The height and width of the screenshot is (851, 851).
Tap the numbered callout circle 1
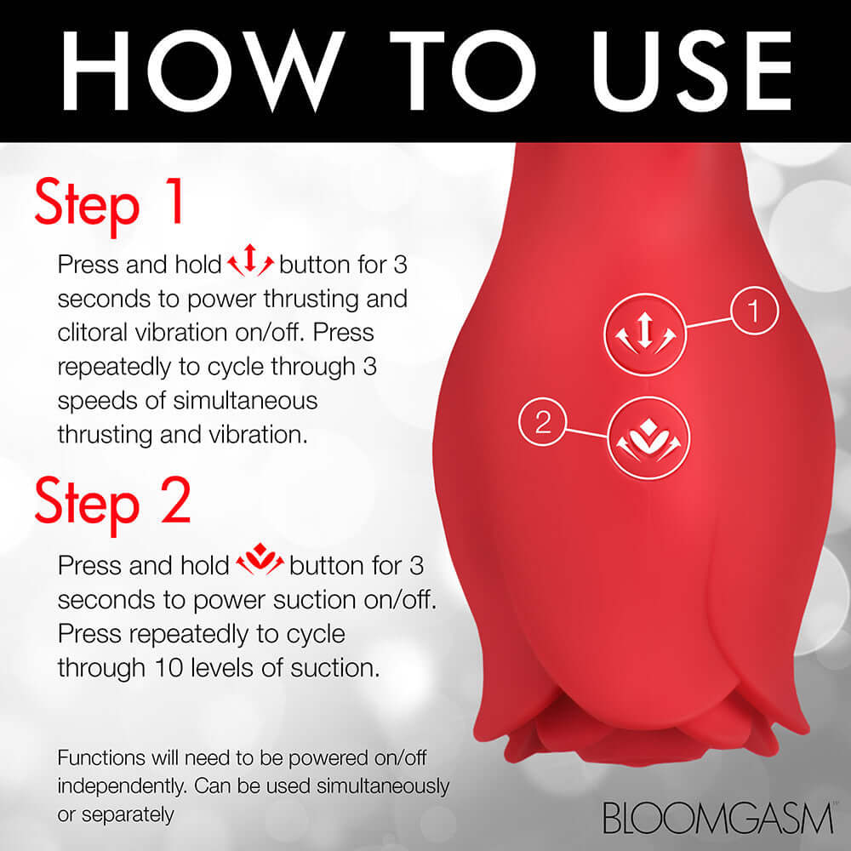(753, 314)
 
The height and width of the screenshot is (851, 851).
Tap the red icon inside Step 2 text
(260, 564)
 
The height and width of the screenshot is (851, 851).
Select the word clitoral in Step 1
(100, 332)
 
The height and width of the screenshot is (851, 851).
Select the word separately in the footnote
(127, 814)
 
